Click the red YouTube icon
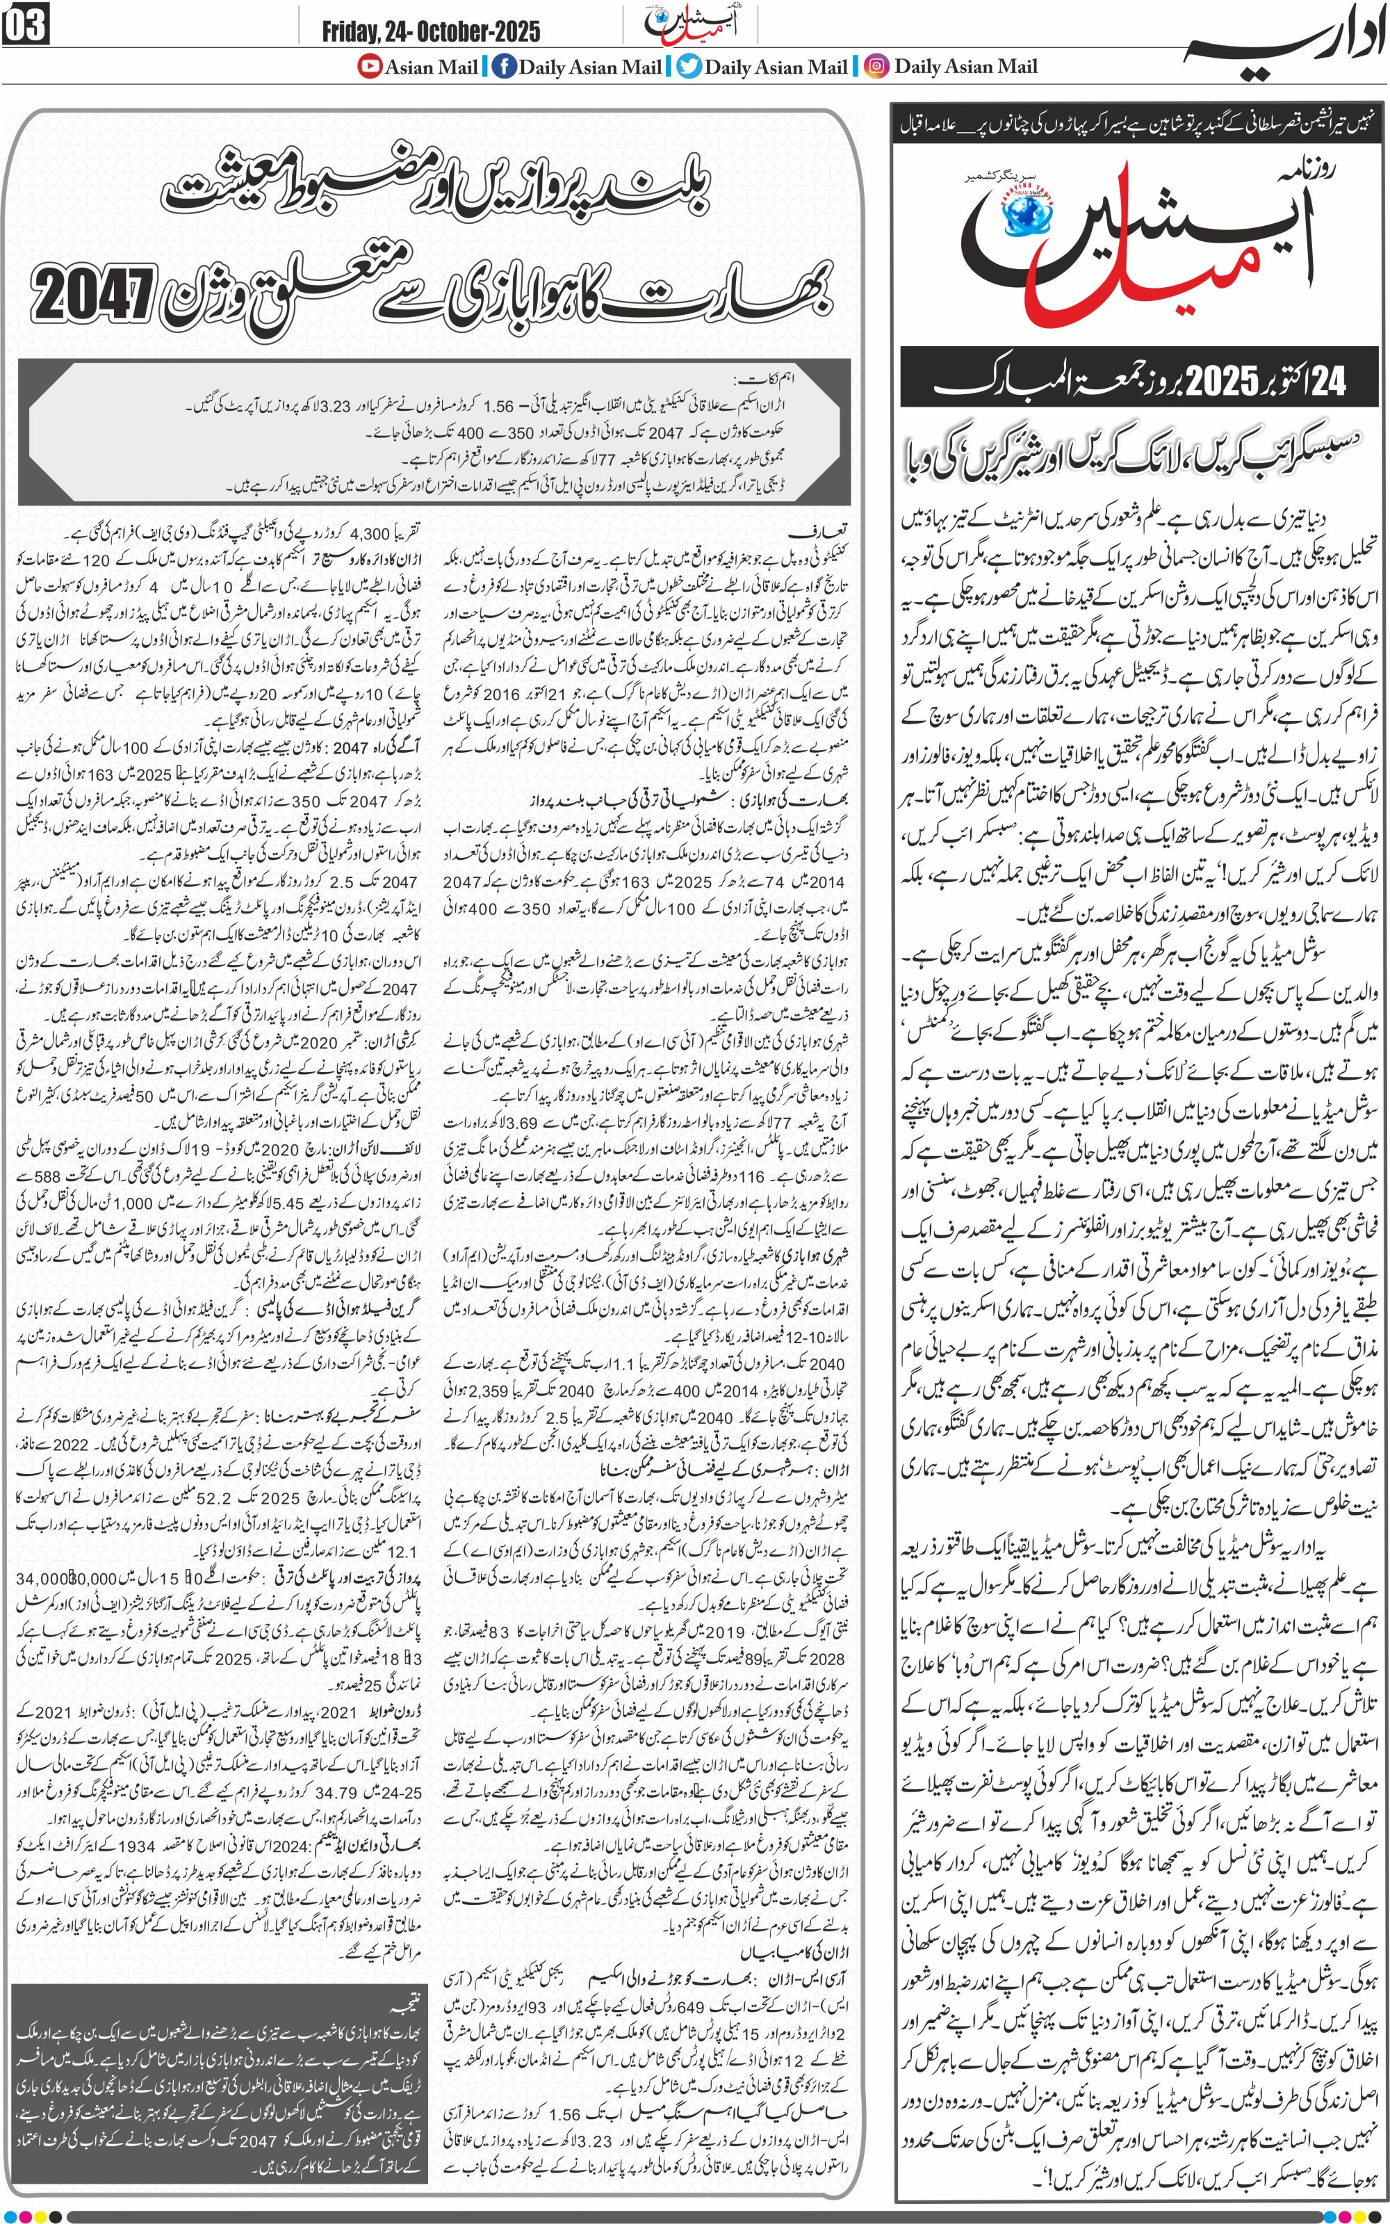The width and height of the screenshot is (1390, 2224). (370, 66)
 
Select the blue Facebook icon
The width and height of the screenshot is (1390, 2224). (504, 66)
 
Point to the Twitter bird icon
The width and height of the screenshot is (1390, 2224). (689, 66)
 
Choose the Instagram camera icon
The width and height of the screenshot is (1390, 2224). (878, 66)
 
